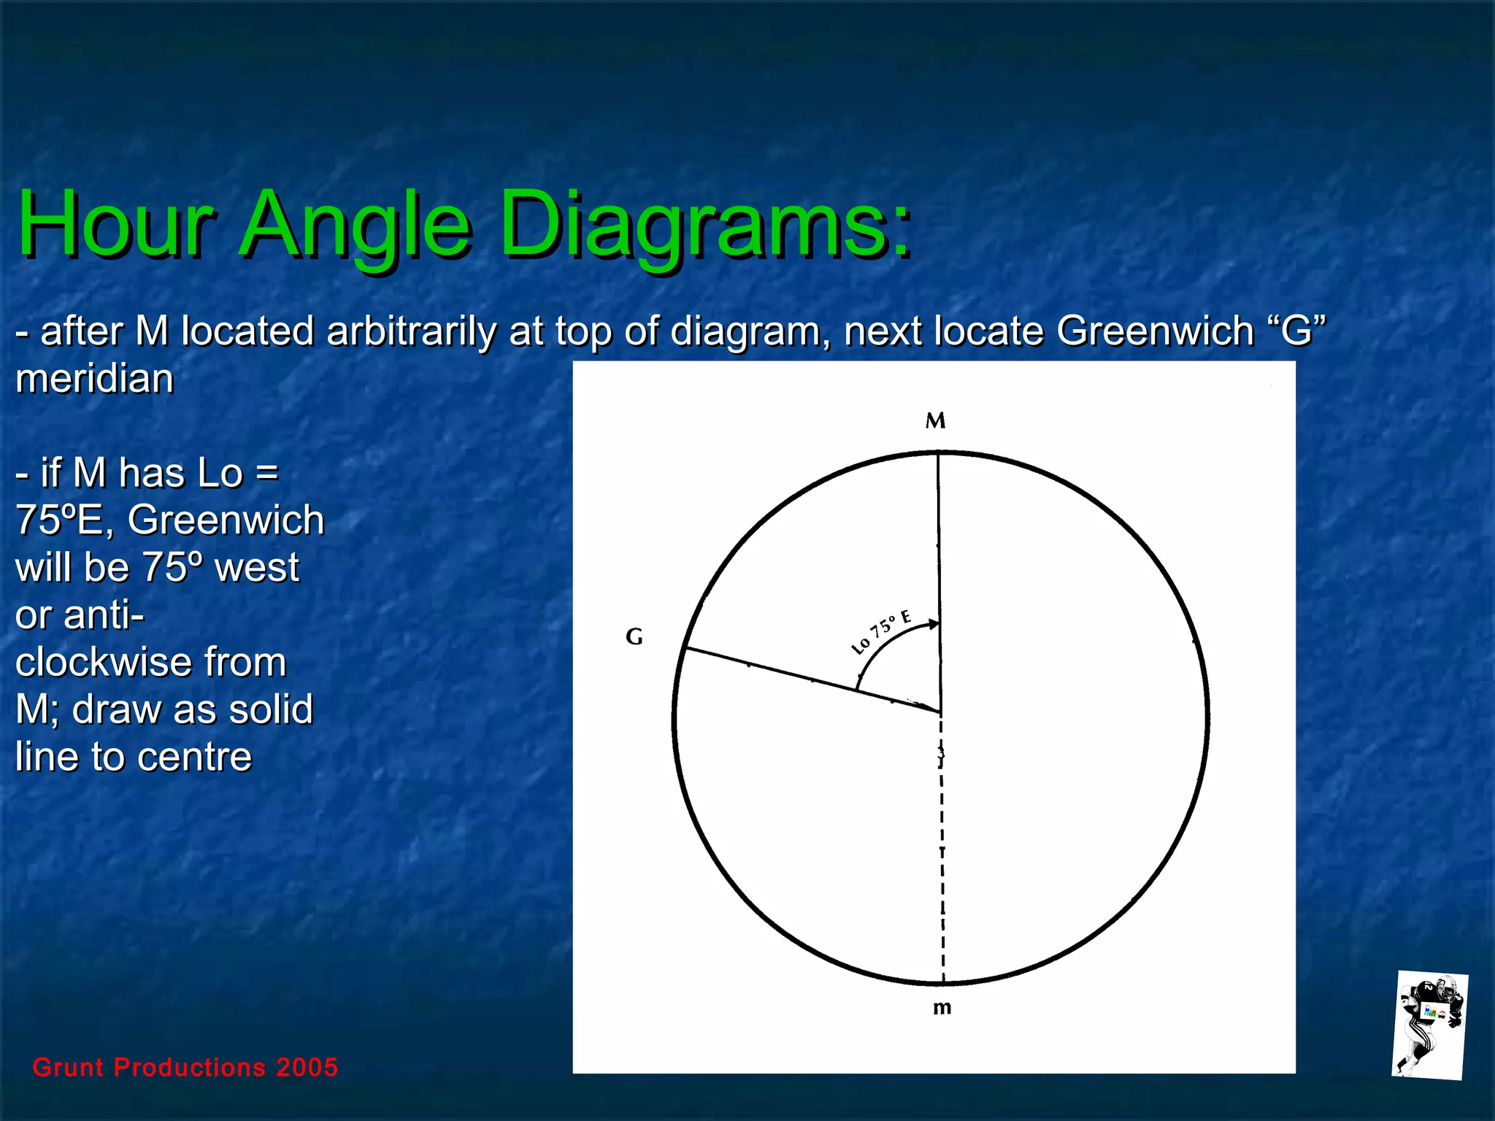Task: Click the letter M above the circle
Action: (935, 420)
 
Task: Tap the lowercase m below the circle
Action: (942, 1008)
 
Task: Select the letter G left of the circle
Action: (634, 637)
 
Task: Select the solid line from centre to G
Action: (810, 679)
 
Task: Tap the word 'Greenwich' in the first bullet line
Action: (1155, 331)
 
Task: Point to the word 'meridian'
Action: (95, 379)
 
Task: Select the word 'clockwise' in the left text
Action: (150, 662)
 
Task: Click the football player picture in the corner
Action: (1429, 1025)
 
